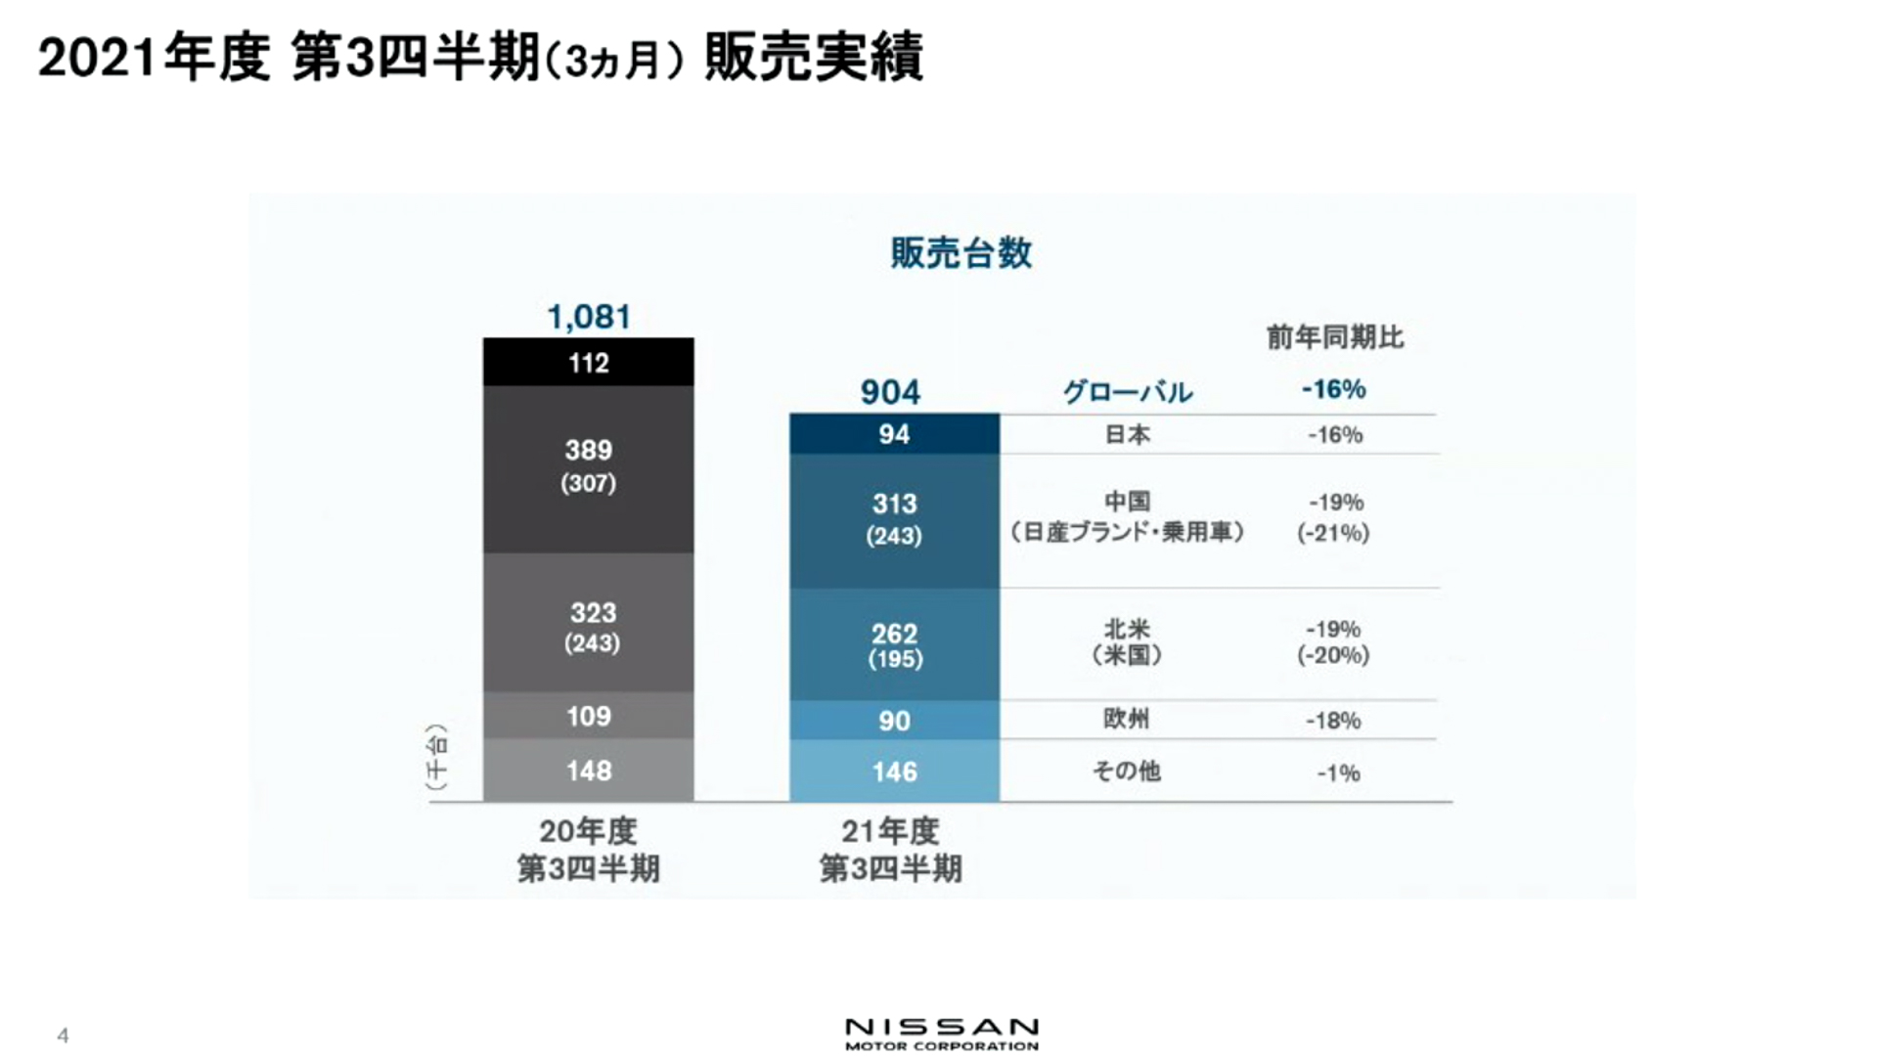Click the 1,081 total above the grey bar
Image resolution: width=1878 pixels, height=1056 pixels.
(589, 317)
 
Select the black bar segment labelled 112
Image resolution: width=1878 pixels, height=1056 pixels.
(589, 363)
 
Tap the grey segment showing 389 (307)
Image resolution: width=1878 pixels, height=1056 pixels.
(589, 467)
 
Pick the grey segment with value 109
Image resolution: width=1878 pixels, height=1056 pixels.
(589, 716)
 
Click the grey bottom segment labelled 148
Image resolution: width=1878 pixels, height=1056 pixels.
(589, 770)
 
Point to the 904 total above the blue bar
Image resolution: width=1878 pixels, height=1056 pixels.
(890, 392)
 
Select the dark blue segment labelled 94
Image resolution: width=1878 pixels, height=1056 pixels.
(894, 434)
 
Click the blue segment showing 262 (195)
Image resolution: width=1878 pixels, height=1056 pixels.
(894, 644)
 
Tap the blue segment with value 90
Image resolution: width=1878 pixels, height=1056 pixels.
(894, 721)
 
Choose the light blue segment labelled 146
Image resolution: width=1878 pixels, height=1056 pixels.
(894, 771)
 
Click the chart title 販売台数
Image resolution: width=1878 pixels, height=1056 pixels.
(961, 253)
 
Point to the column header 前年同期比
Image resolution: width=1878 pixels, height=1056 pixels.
(1335, 337)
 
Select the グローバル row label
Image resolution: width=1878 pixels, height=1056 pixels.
(1127, 392)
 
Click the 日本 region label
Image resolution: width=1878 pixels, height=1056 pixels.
(1127, 434)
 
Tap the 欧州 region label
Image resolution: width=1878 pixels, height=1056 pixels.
(1127, 719)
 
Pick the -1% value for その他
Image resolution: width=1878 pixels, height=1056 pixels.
(1337, 773)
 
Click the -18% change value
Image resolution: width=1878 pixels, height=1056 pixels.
(1333, 721)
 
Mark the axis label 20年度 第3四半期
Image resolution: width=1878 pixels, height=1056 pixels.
(589, 849)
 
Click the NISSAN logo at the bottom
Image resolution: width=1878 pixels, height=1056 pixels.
(941, 1034)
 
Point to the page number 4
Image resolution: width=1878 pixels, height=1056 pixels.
(63, 1035)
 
